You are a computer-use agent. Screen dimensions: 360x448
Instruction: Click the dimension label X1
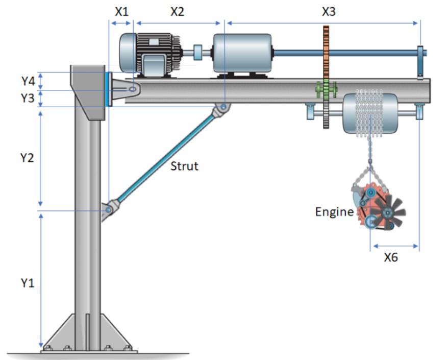click(x=121, y=12)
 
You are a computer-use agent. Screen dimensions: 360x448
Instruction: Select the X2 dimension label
click(x=177, y=12)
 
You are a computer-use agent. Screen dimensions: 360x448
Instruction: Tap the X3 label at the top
click(x=329, y=11)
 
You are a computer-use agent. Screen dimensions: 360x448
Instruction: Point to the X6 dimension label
click(x=390, y=257)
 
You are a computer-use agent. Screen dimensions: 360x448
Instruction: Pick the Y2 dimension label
click(x=27, y=158)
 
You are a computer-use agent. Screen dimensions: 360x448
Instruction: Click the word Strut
click(x=184, y=165)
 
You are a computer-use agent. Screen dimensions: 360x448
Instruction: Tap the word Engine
click(x=334, y=211)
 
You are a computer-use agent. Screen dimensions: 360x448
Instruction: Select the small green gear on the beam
click(x=326, y=89)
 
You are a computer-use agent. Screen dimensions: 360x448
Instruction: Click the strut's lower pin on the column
click(x=109, y=209)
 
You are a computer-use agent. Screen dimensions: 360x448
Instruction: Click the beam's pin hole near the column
click(x=132, y=89)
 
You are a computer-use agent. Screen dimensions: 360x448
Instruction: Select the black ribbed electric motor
click(x=151, y=54)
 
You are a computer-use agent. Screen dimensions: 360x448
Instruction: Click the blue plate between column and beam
click(x=107, y=89)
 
